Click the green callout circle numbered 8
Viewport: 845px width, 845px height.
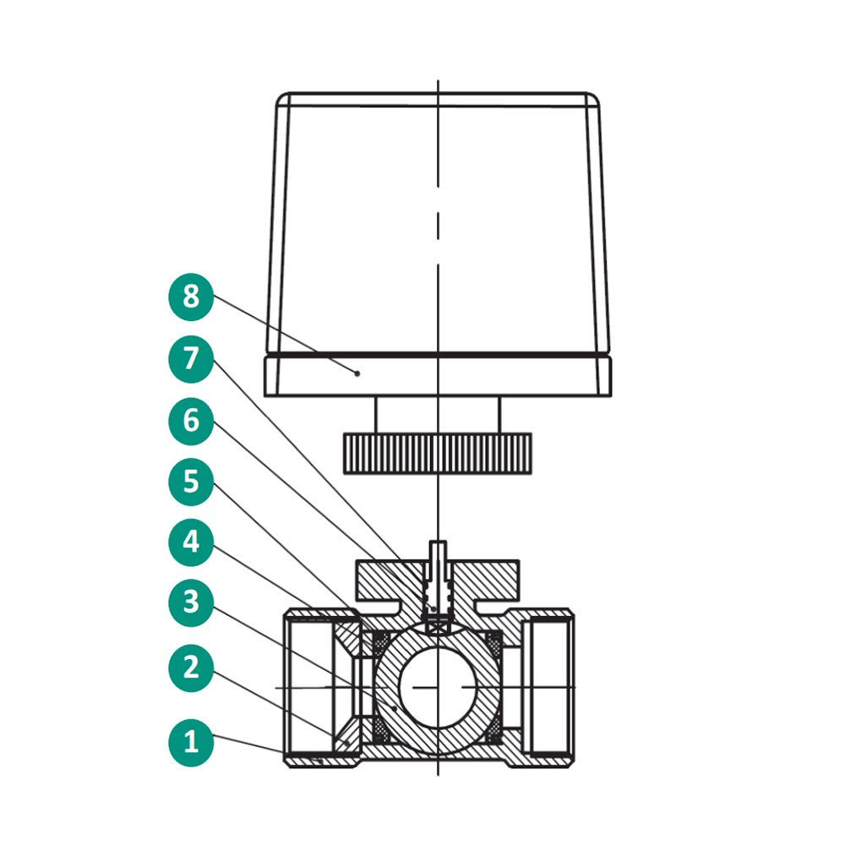[191, 297]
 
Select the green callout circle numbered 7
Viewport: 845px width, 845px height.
[191, 359]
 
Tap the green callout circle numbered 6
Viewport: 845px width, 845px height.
[191, 421]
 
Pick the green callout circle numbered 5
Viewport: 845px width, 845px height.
[191, 482]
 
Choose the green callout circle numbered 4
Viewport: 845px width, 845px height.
[191, 542]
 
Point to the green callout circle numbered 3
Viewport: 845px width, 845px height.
[191, 602]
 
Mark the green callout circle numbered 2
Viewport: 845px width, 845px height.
[191, 668]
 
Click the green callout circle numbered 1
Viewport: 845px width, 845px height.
[191, 743]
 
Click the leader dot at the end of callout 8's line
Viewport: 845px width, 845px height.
[357, 373]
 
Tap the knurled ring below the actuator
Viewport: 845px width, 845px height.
[438, 454]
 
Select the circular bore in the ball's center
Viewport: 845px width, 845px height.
[438, 687]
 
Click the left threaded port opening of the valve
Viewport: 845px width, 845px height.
[311, 687]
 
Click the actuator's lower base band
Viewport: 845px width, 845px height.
[438, 377]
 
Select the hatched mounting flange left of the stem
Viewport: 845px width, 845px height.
[389, 581]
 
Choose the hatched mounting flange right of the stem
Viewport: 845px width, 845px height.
[485, 581]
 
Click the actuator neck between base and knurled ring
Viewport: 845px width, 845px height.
[438, 415]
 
